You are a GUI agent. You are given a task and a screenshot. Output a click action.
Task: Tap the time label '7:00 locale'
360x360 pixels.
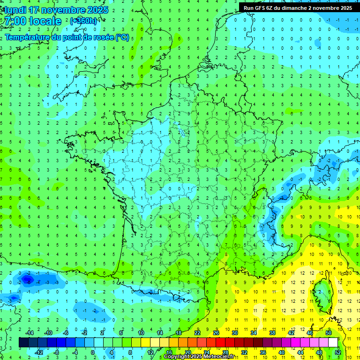(x=33, y=21)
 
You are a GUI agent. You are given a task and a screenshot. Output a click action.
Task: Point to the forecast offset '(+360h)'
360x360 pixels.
(x=84, y=21)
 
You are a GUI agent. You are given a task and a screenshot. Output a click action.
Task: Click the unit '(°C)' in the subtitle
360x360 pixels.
(x=122, y=37)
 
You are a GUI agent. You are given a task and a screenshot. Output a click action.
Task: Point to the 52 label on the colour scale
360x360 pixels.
(x=337, y=352)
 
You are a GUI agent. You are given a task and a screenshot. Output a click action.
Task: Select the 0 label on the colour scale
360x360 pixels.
(x=92, y=352)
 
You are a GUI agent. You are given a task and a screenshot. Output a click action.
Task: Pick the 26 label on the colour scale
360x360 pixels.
(x=216, y=333)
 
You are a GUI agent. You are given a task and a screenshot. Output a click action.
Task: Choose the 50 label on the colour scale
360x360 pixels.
(x=329, y=333)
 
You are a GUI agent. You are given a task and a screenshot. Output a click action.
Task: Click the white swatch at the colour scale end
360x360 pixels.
(x=333, y=342)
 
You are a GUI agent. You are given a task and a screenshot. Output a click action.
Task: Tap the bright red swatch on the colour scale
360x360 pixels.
(x=220, y=342)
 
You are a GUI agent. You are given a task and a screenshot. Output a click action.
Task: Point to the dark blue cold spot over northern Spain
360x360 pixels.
(x=27, y=280)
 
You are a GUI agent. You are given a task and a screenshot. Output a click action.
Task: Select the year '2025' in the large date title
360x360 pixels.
(x=97, y=10)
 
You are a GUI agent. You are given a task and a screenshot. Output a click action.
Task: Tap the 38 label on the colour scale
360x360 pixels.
(x=272, y=333)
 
